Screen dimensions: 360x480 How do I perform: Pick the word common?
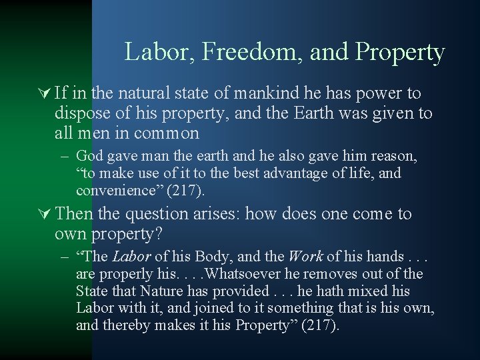(167, 133)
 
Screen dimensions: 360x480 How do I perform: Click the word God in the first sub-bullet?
(89, 156)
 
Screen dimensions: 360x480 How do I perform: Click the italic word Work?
(305, 257)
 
